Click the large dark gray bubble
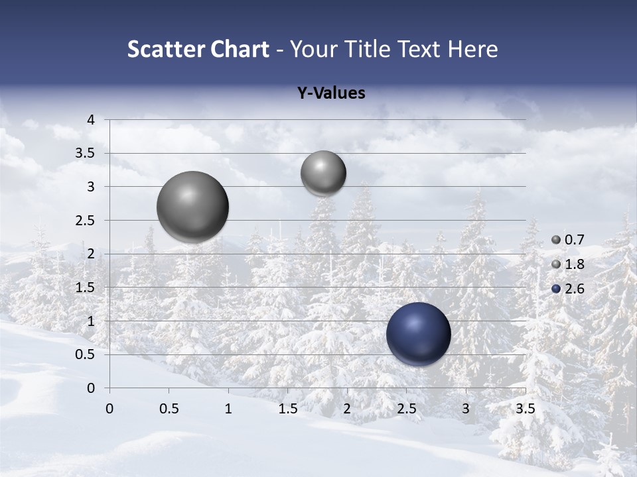(193, 207)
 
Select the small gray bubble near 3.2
(323, 173)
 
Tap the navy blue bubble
(419, 334)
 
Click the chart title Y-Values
(331, 93)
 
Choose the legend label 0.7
(574, 240)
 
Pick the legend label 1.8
(574, 264)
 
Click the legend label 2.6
(574, 288)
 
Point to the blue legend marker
(556, 288)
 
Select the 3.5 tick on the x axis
(526, 409)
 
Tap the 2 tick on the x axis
(347, 409)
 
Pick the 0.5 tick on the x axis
(169, 409)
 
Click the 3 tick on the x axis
(466, 409)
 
